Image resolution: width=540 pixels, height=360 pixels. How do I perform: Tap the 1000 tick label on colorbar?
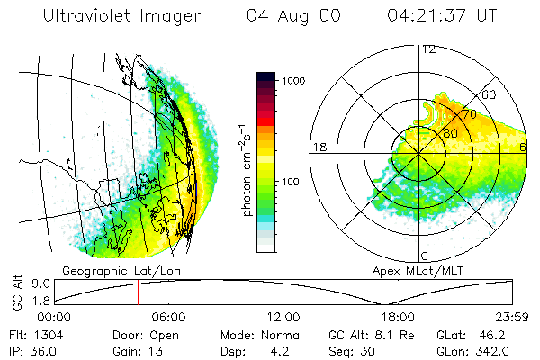click(x=296, y=81)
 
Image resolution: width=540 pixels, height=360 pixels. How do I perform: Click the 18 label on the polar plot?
click(x=318, y=146)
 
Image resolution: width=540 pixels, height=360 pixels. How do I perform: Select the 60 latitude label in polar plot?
click(x=490, y=94)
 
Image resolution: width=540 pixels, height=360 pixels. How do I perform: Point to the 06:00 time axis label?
click(x=168, y=317)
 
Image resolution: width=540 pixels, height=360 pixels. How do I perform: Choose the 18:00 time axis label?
click(x=397, y=317)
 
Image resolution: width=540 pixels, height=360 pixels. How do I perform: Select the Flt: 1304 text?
click(x=32, y=333)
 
